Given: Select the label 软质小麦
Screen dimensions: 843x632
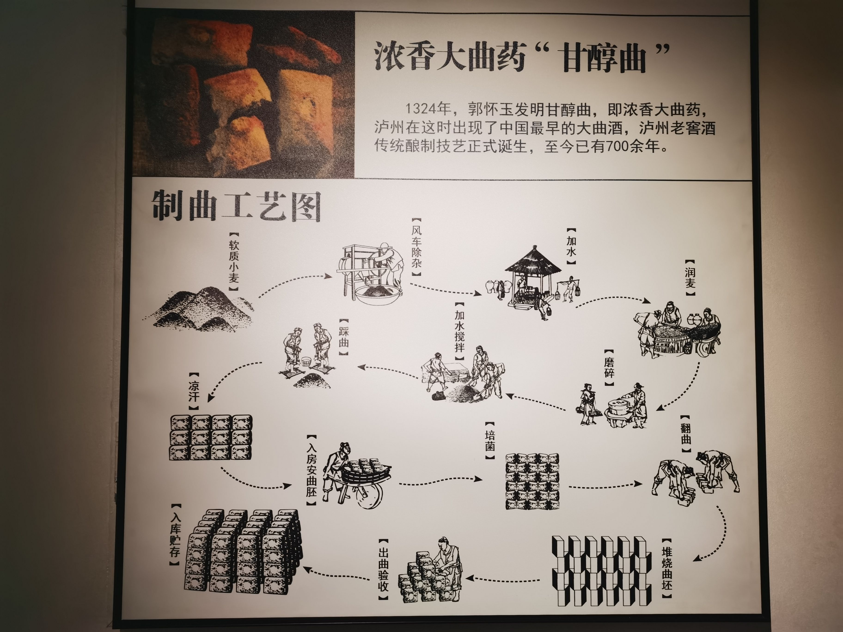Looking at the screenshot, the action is coord(234,261).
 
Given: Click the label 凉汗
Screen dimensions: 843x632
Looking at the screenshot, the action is coord(194,392).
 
